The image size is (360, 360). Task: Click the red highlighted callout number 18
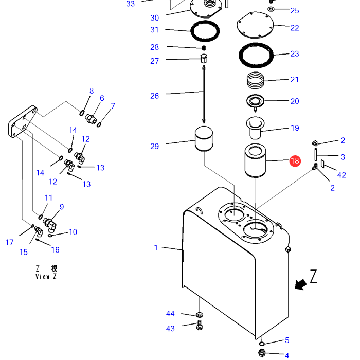coord(295,161)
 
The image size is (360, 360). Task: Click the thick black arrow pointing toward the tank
coord(300,282)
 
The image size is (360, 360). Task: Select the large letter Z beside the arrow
coord(313,277)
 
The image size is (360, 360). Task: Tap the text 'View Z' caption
coord(46,276)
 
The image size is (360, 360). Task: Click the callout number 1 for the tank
coord(156,248)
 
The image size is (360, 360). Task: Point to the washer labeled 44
coord(200,314)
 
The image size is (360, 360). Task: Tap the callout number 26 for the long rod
coord(155,96)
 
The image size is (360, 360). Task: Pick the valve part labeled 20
coord(255,101)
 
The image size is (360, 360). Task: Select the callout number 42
coord(341,175)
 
